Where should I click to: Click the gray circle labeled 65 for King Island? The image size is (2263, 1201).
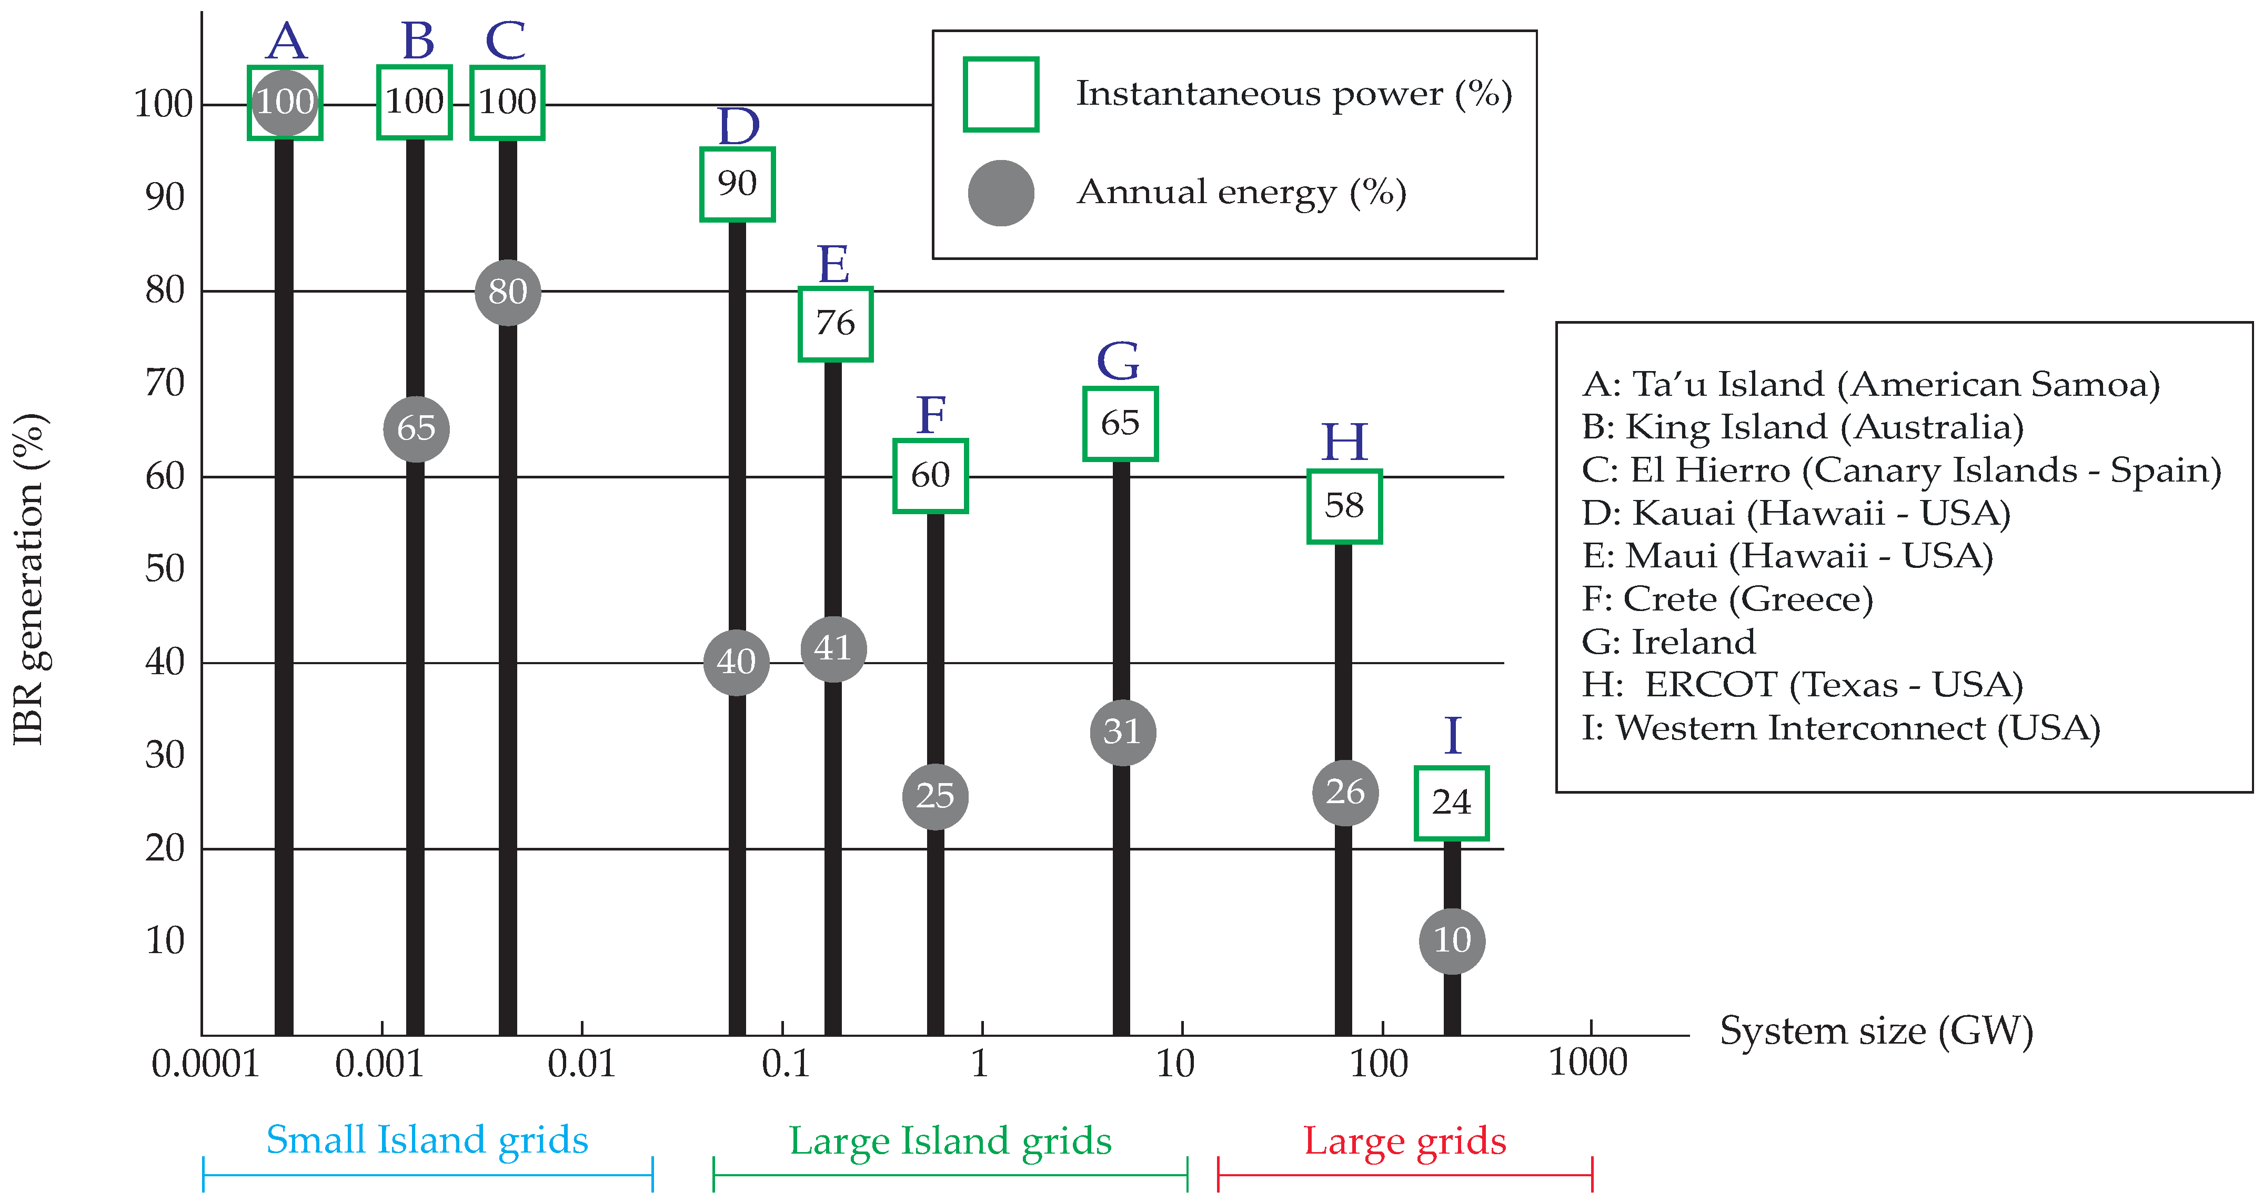click(416, 429)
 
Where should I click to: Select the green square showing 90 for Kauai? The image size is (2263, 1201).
click(737, 185)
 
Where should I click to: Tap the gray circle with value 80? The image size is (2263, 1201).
click(508, 292)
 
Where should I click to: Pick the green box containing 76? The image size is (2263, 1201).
click(834, 323)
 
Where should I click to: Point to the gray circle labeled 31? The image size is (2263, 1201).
click(1122, 732)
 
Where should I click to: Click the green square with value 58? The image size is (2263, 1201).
click(1344, 506)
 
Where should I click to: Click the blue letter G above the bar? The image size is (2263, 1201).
click(1118, 360)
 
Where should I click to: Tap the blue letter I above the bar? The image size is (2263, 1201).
click(1453, 735)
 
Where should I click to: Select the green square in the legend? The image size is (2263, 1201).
click(1001, 95)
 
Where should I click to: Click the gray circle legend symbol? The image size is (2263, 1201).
click(1001, 193)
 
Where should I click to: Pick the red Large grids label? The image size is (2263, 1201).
click(1404, 1141)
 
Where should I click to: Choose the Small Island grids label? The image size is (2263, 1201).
click(427, 1140)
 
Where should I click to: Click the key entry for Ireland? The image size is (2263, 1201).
click(1668, 642)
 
